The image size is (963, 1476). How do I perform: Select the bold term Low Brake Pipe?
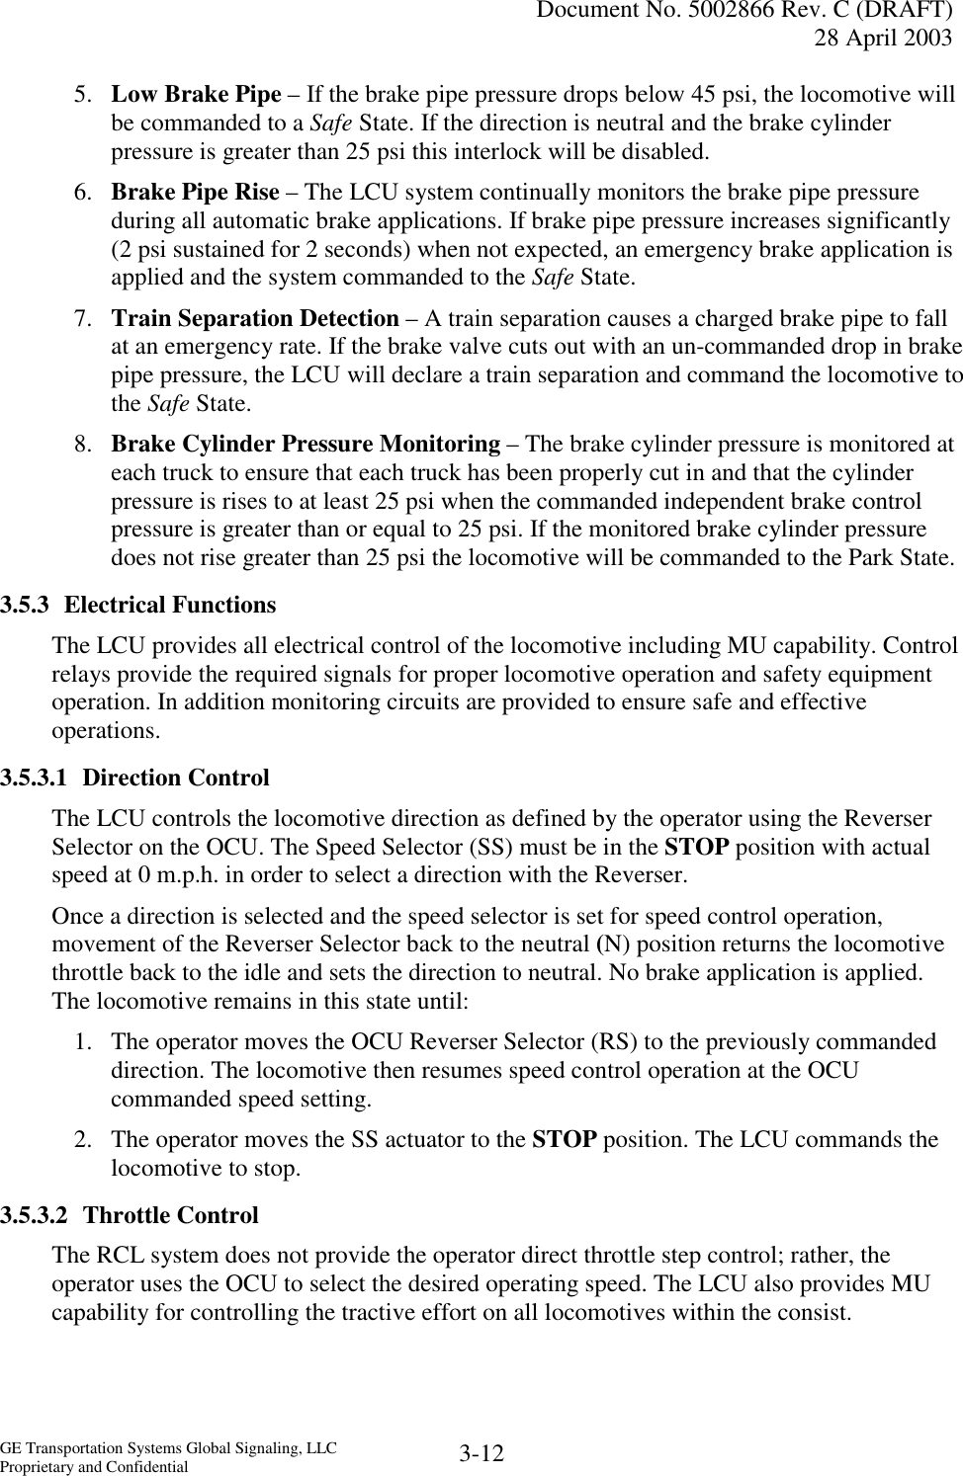click(196, 95)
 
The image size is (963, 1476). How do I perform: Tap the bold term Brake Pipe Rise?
click(195, 193)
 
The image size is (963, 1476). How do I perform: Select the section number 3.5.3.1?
click(36, 778)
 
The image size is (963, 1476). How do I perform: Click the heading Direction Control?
click(176, 778)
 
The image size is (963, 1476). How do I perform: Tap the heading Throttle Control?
click(171, 1214)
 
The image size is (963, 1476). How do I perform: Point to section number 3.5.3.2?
click(36, 1214)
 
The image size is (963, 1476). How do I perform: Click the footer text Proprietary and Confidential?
click(94, 1467)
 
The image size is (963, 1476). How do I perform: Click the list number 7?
click(84, 318)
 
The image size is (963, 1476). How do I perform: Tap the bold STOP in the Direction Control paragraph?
click(698, 847)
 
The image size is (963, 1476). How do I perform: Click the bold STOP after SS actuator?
click(564, 1139)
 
